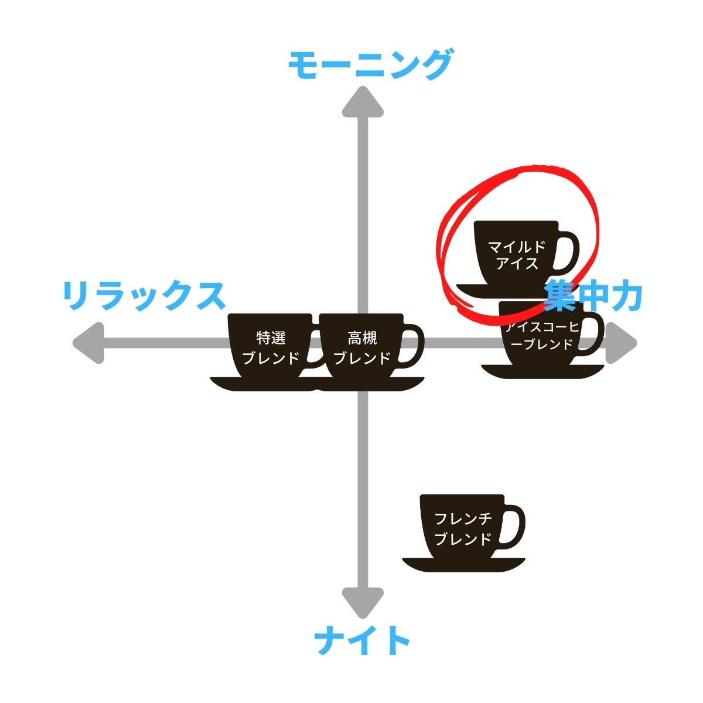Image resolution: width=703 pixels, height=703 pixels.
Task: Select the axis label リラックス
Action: pos(144,296)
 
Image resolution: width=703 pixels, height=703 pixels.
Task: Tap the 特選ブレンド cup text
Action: pos(271,348)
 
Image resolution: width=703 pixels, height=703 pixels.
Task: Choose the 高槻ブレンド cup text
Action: pos(362,348)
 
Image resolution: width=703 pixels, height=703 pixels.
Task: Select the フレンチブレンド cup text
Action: pos(463,528)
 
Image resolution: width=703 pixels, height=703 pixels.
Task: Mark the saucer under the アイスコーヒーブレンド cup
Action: pos(542,371)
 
